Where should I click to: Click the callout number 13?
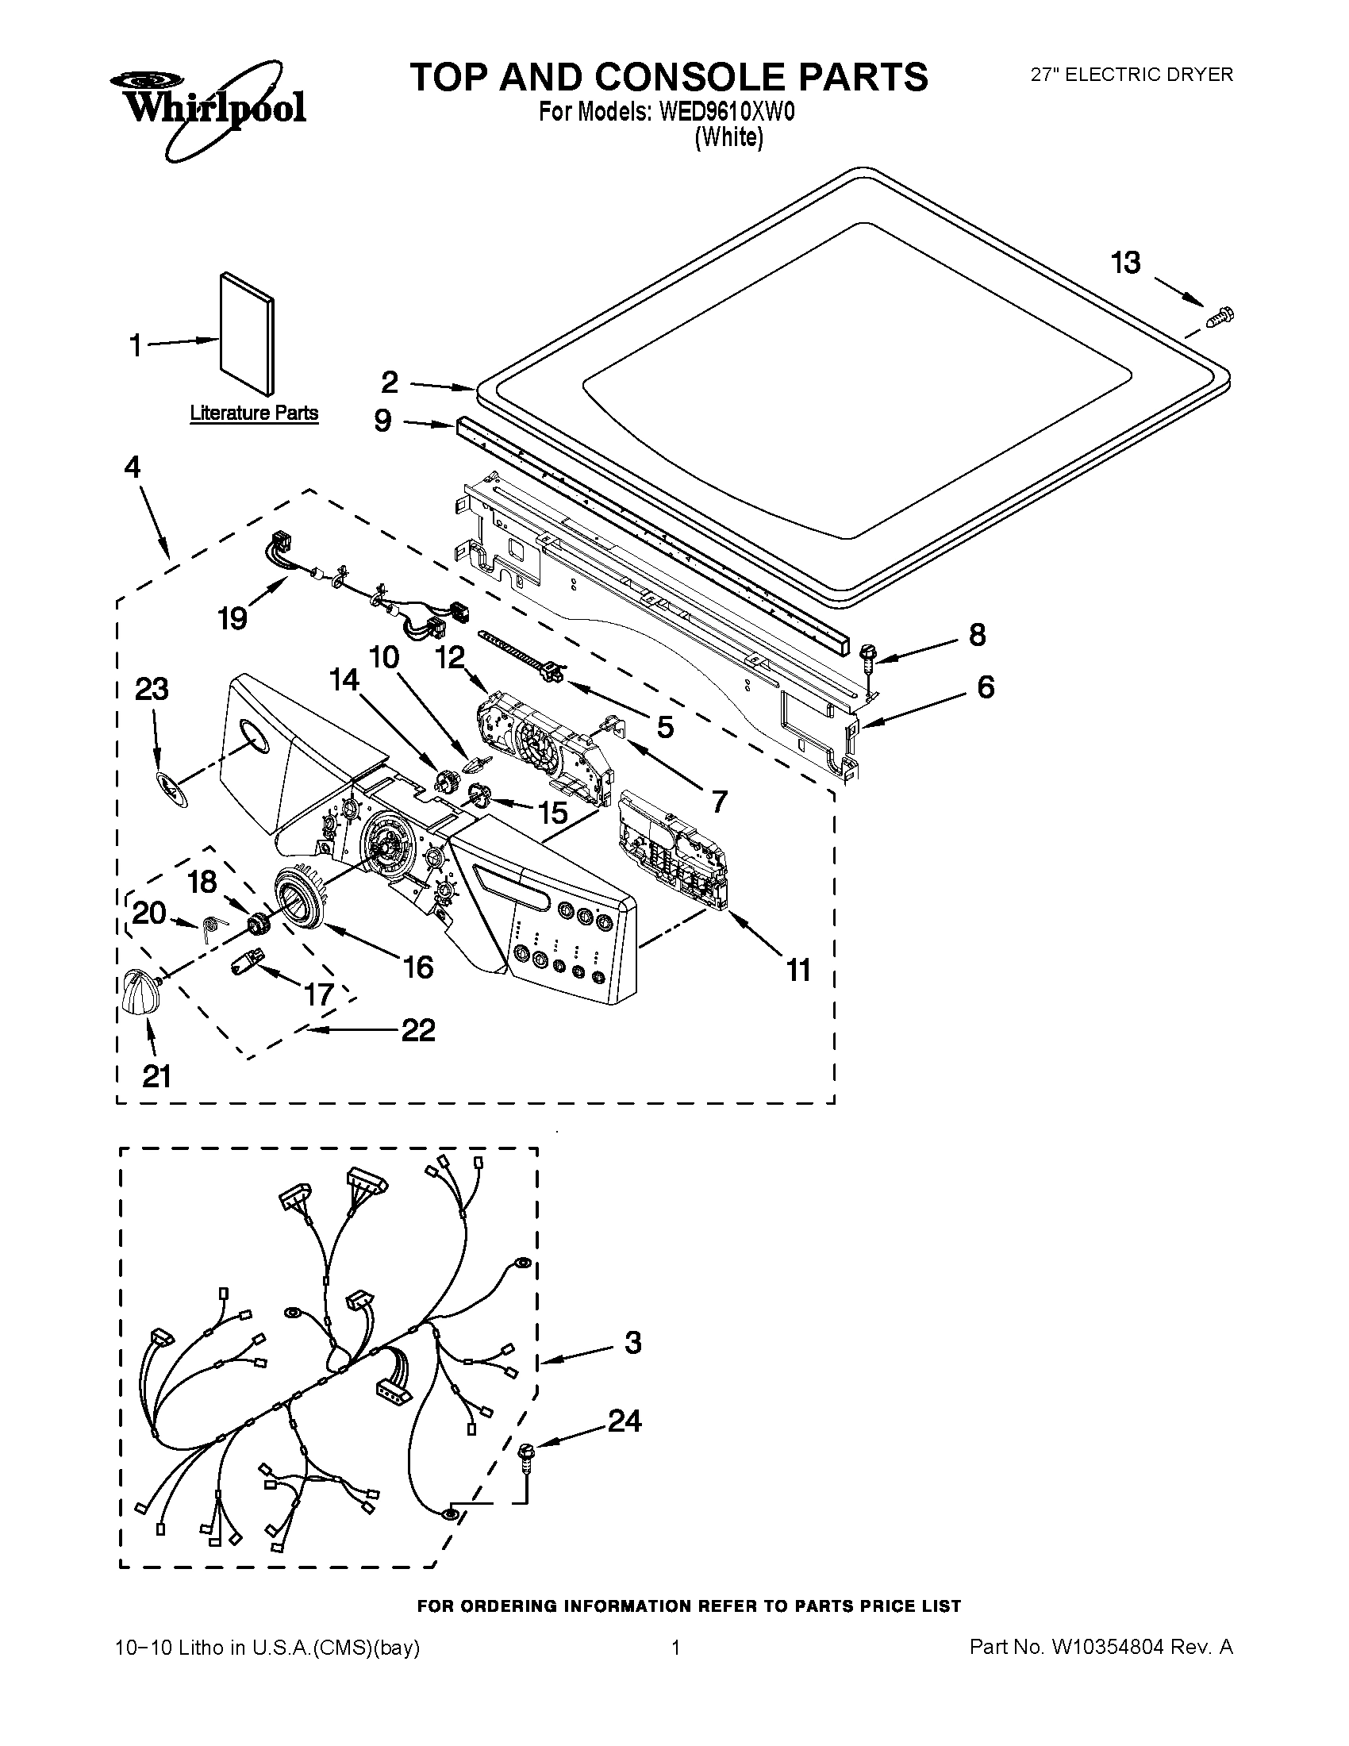(x=1126, y=262)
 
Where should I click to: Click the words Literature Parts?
(x=253, y=413)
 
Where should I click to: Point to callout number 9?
(x=382, y=421)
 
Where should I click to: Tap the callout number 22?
(x=417, y=1029)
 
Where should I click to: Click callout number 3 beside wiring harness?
(x=632, y=1342)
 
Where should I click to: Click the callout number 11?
(x=797, y=970)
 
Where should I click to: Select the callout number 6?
(x=986, y=686)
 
